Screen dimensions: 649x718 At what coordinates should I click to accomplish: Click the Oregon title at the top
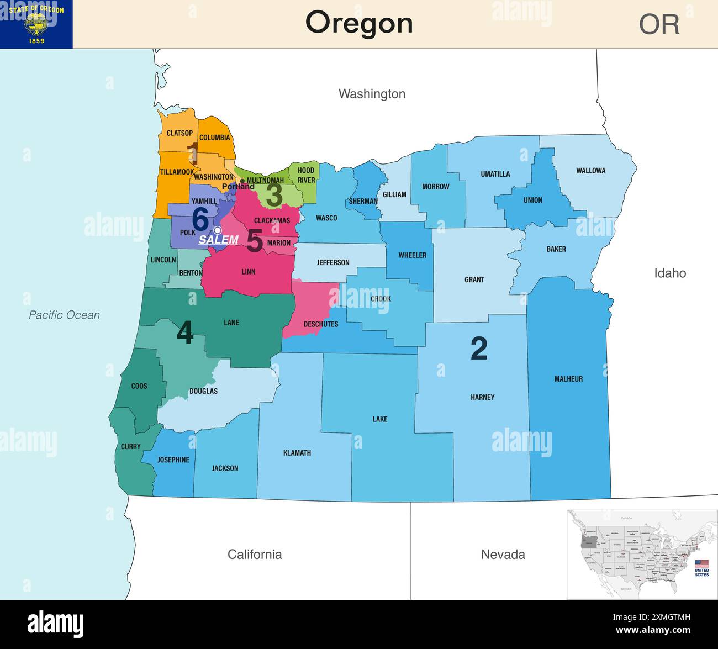click(359, 23)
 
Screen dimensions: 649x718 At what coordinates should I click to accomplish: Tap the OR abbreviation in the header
click(659, 24)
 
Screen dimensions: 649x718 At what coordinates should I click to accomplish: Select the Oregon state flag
click(36, 24)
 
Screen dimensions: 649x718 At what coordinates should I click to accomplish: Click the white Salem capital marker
click(218, 230)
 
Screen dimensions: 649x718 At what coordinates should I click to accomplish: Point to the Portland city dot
click(242, 181)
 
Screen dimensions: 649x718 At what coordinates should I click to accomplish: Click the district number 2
click(479, 349)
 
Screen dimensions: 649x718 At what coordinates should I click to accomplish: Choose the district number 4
click(185, 333)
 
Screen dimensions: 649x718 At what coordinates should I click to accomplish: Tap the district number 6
click(200, 219)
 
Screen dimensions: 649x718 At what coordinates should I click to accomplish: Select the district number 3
click(274, 195)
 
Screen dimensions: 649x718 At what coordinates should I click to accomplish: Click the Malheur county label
click(568, 379)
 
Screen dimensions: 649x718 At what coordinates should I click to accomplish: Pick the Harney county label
click(482, 397)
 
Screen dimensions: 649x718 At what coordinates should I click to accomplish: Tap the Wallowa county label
click(590, 171)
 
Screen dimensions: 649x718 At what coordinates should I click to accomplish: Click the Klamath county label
click(297, 453)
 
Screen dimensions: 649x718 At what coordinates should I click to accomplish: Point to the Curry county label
click(130, 446)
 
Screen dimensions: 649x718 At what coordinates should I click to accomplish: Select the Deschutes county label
click(320, 324)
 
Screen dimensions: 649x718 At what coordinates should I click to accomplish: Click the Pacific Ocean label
click(64, 315)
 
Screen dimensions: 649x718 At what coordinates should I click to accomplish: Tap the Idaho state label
click(669, 273)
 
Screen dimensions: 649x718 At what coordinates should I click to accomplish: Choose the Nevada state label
click(503, 554)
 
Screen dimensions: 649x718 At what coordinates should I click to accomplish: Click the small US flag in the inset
click(701, 563)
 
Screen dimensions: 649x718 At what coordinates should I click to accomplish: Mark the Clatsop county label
click(179, 133)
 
